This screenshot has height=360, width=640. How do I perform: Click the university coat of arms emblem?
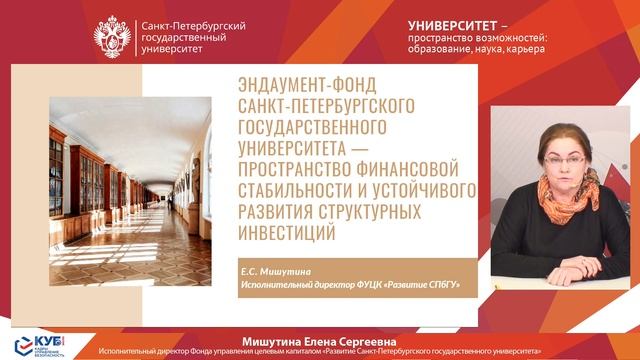[x=113, y=36]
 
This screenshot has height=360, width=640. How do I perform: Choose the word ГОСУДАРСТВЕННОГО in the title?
[x=314, y=128]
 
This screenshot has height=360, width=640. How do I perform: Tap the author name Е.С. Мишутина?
[x=275, y=271]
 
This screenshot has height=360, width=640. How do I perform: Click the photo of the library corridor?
[x=130, y=170]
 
